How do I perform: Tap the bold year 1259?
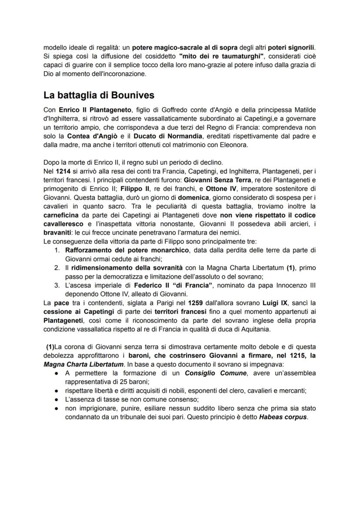pos(196,301)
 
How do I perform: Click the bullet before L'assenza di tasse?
pos(57,400)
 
